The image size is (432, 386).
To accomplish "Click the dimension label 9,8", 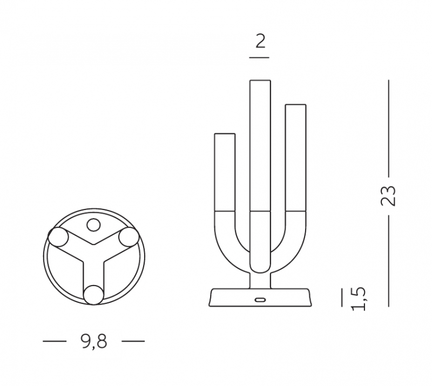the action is (94, 341).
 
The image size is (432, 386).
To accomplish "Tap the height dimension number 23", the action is (388, 196).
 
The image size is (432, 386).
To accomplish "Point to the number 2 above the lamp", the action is (260, 42).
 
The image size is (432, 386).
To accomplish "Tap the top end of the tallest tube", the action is (260, 80).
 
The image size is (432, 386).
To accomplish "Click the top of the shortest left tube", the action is (225, 134).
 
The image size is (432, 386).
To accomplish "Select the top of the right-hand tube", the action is (295, 105).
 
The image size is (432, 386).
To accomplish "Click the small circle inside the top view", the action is (93, 225).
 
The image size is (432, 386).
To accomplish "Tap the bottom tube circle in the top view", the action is (94, 295).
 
